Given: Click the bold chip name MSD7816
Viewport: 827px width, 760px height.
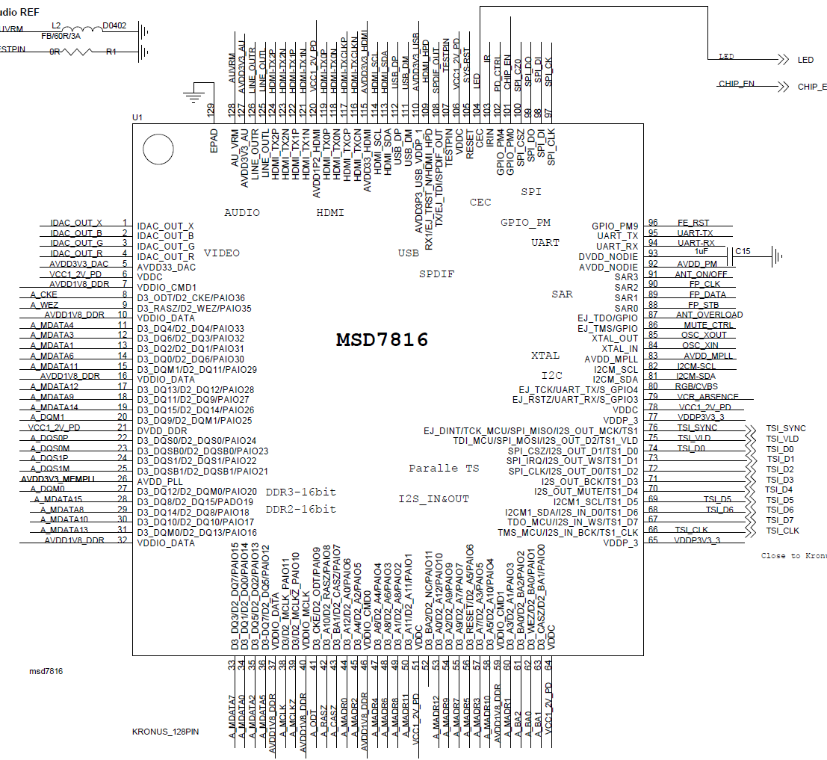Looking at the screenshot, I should (x=382, y=340).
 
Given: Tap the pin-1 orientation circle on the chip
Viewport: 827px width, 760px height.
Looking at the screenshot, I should (x=158, y=149).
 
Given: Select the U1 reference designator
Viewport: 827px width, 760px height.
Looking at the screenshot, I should (x=137, y=117).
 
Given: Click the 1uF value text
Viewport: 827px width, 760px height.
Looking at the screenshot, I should (x=701, y=253).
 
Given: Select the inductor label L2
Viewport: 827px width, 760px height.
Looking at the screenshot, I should (x=56, y=25).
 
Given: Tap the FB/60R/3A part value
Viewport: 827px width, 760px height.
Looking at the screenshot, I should (x=61, y=35).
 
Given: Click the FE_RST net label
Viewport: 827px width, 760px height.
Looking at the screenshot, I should (x=693, y=223).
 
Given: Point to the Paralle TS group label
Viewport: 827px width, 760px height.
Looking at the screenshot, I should (x=444, y=469).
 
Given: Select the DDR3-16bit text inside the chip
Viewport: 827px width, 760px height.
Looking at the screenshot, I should (x=301, y=492).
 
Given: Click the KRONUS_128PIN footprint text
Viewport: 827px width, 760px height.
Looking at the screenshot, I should (x=165, y=732).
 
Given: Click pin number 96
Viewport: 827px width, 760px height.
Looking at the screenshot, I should (x=653, y=223).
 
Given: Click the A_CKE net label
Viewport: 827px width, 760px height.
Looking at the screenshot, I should (x=44, y=294).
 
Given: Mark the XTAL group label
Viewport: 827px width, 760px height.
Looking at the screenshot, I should (x=545, y=356).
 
